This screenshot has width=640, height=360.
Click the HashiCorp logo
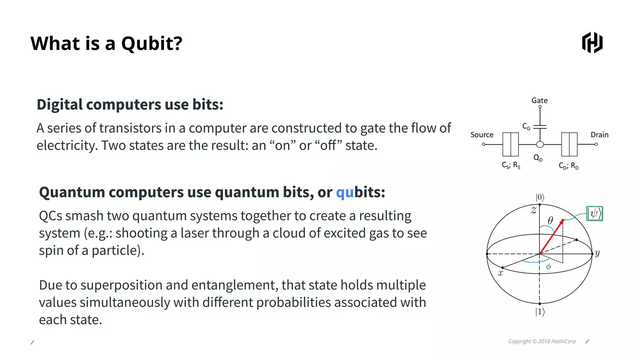pyautogui.click(x=592, y=42)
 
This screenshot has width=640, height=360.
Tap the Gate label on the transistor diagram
pyautogui.click(x=539, y=101)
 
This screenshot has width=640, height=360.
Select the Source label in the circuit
pyautogui.click(x=482, y=135)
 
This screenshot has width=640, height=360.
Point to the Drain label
pyautogui.click(x=599, y=135)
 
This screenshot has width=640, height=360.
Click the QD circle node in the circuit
pyautogui.click(x=540, y=144)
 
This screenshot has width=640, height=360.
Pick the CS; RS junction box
pyautogui.click(x=510, y=144)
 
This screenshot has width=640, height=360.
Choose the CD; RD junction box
pyautogui.click(x=569, y=144)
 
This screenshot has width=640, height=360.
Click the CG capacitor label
pyautogui.click(x=526, y=127)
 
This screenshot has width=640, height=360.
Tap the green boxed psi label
pyautogui.click(x=594, y=214)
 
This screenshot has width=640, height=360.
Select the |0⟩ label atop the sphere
pyautogui.click(x=540, y=197)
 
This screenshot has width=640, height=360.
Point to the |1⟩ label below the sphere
pyautogui.click(x=540, y=312)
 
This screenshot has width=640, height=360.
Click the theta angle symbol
pyautogui.click(x=550, y=220)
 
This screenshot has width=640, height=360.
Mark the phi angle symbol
pyautogui.click(x=548, y=267)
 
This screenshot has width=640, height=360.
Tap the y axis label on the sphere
pyautogui.click(x=597, y=253)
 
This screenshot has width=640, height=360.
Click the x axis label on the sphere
pyautogui.click(x=500, y=273)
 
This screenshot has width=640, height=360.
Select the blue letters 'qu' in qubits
pyautogui.click(x=344, y=192)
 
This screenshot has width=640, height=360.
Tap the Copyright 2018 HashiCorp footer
pyautogui.click(x=542, y=341)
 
